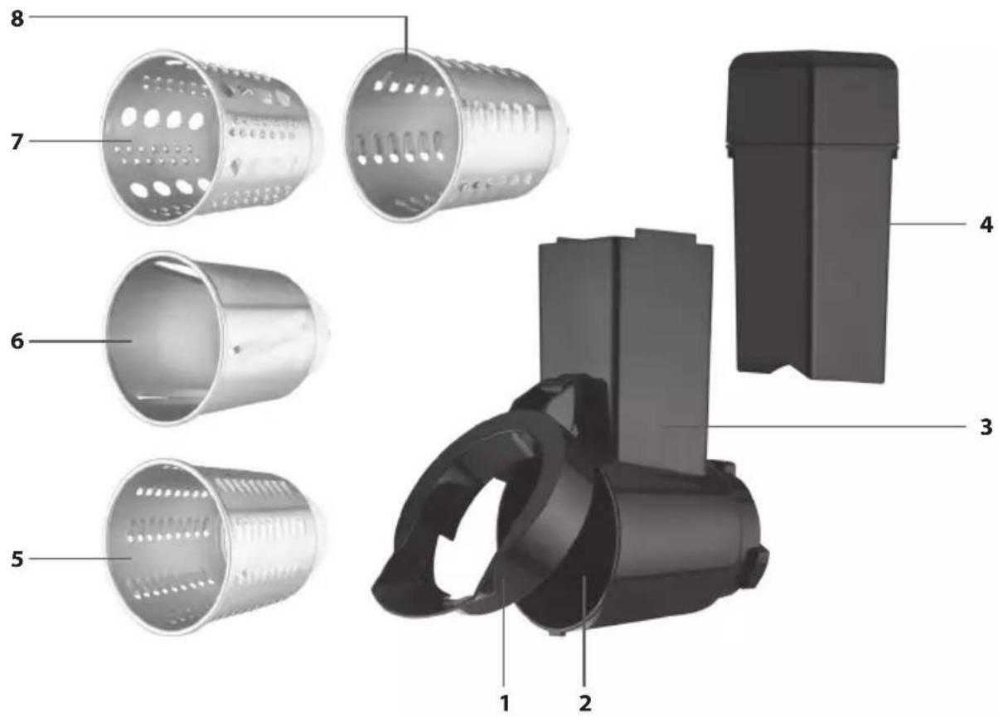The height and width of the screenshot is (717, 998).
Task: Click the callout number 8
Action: [x=17, y=19]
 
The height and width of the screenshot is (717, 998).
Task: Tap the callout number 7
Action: [x=17, y=142]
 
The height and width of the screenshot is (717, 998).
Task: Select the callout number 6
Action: [x=17, y=342]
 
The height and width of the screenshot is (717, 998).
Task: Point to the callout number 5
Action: [x=17, y=559]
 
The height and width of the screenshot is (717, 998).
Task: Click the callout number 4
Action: [x=986, y=225]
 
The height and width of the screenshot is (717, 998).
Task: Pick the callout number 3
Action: [x=986, y=427]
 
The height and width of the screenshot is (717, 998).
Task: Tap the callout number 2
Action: [x=585, y=703]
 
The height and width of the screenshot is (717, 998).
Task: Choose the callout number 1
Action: [x=504, y=703]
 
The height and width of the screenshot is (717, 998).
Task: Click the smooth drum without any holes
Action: [x=218, y=338]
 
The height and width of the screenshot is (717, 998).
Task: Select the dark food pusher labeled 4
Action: [x=811, y=217]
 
